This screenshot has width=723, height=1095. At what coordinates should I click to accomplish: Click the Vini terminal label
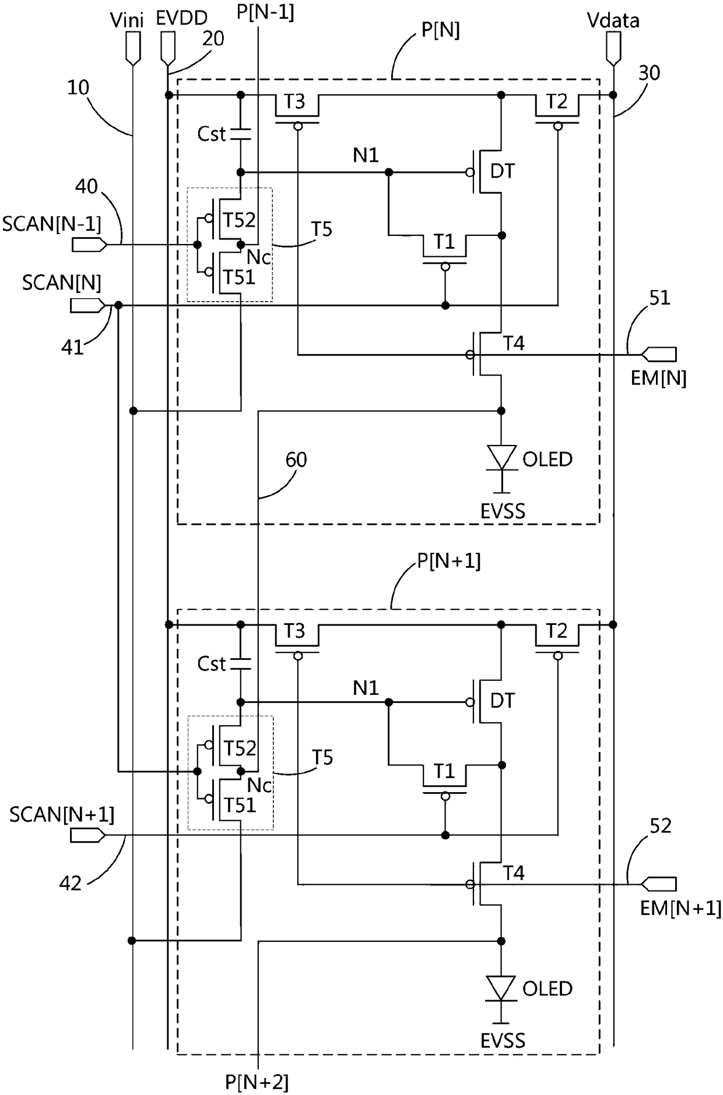click(127, 20)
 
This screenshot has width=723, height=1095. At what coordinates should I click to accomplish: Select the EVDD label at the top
click(181, 19)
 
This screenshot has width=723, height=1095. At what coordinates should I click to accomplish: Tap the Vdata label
click(613, 21)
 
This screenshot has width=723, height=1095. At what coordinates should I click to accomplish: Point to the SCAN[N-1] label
click(52, 224)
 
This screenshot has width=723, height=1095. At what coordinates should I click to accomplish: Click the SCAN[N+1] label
click(62, 815)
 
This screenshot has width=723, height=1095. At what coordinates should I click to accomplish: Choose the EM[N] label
click(658, 379)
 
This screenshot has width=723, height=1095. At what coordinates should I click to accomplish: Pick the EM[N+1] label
click(680, 909)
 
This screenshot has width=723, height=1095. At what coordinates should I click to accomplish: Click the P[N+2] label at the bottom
click(257, 1083)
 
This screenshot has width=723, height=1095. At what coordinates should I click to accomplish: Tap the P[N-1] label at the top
click(265, 12)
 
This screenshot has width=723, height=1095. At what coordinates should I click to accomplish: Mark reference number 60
click(296, 460)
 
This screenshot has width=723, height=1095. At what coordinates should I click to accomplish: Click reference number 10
click(78, 88)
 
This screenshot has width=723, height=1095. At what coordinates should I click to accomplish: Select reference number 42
click(71, 884)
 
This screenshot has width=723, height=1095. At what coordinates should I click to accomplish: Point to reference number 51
click(660, 298)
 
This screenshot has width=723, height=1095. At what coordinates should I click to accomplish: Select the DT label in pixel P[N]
click(503, 171)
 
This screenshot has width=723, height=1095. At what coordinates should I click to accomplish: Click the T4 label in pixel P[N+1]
click(514, 873)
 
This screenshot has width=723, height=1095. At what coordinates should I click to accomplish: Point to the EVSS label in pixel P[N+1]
click(503, 1040)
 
